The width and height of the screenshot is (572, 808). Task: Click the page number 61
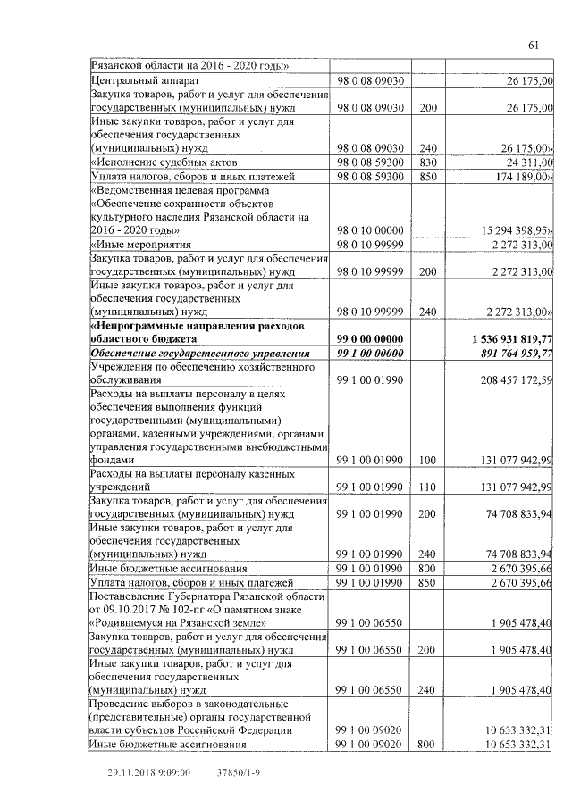click(x=534, y=46)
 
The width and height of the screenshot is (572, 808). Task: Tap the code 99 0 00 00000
click(x=370, y=339)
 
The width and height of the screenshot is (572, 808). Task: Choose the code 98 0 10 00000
click(x=370, y=229)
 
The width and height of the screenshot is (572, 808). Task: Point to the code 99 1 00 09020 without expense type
click(x=370, y=730)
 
